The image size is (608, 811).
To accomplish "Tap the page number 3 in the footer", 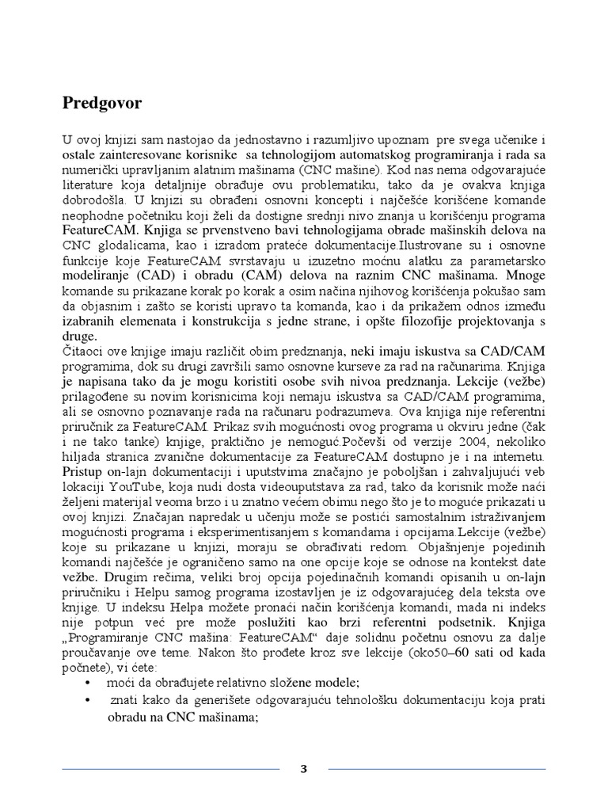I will coord(303,769).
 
